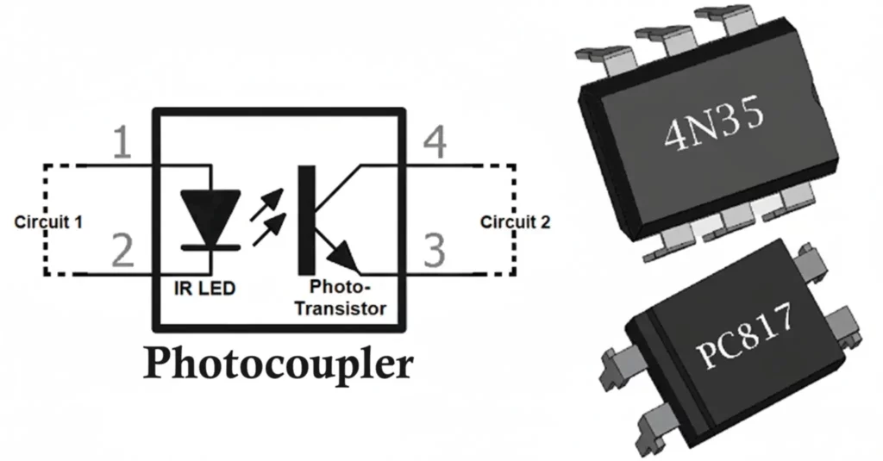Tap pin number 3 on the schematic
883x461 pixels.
click(x=435, y=251)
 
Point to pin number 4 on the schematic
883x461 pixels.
click(x=435, y=144)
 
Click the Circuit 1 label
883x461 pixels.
click(x=48, y=221)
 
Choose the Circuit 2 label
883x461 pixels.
click(x=515, y=221)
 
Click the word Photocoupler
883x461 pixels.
click(x=278, y=364)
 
